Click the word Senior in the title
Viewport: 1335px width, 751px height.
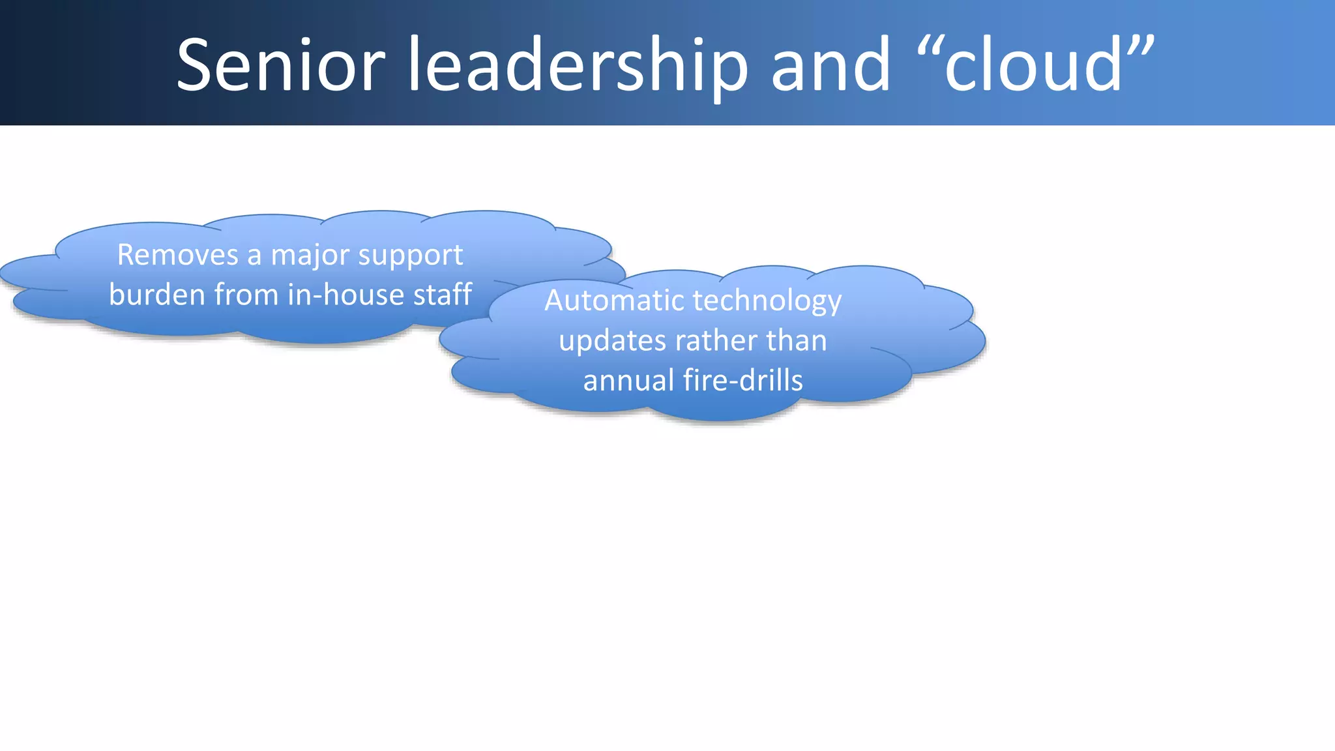coord(281,65)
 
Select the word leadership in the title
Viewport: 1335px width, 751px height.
coord(578,65)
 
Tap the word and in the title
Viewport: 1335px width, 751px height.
coord(830,65)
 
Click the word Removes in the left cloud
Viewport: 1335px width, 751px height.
coord(178,255)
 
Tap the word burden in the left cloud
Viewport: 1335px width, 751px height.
coord(157,295)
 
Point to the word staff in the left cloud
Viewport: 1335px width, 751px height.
coord(443,295)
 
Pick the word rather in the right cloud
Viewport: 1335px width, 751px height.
coord(715,341)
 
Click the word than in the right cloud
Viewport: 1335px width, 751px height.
coord(796,341)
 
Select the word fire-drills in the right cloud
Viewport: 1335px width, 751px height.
coord(743,381)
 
